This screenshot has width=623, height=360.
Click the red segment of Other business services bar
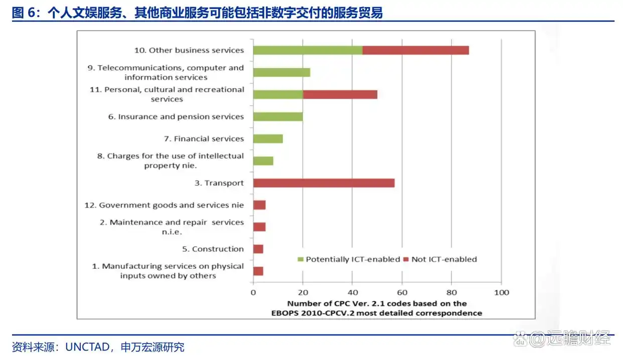click(x=415, y=50)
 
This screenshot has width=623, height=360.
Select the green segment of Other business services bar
click(x=307, y=50)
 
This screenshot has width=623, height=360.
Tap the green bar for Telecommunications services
click(x=281, y=72)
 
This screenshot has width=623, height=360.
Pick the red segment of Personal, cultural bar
click(x=340, y=94)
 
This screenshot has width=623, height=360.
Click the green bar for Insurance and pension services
click(x=278, y=117)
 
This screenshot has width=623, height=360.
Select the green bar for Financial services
click(x=268, y=139)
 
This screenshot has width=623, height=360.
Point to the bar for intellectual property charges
click(x=263, y=161)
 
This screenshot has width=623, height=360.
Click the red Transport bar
click(x=324, y=183)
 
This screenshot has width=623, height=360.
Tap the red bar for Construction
click(x=258, y=249)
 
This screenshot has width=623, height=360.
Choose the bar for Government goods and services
click(x=259, y=205)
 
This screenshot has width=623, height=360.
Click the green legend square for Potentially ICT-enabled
click(x=301, y=260)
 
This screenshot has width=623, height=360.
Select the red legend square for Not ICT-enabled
click(x=406, y=260)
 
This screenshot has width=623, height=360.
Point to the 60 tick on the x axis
click(x=402, y=292)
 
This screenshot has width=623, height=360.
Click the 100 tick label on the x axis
click(x=501, y=292)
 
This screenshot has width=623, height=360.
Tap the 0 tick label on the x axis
click(x=253, y=292)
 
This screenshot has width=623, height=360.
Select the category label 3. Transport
click(x=219, y=183)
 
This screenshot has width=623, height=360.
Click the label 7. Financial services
click(x=209, y=139)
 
